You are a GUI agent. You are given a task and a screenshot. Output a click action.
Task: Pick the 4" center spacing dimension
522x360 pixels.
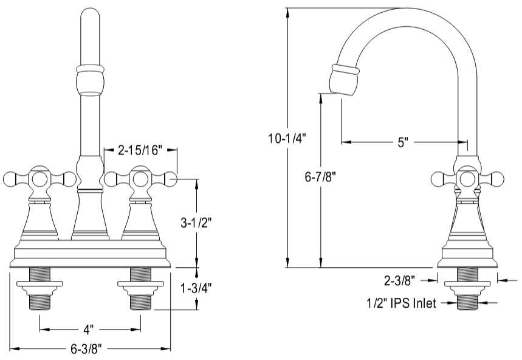[x=89, y=330]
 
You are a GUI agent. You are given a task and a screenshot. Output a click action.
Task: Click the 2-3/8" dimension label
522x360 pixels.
[x=399, y=280]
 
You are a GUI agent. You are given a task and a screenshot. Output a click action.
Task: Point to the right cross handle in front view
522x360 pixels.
[x=140, y=179]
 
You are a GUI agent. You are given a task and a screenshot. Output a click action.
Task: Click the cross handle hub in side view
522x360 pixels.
[x=467, y=179]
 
